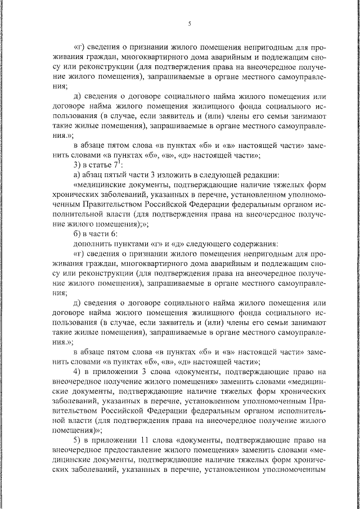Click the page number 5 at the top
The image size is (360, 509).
click(190, 24)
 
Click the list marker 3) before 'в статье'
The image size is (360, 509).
click(78, 164)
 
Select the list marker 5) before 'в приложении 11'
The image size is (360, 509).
click(78, 442)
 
